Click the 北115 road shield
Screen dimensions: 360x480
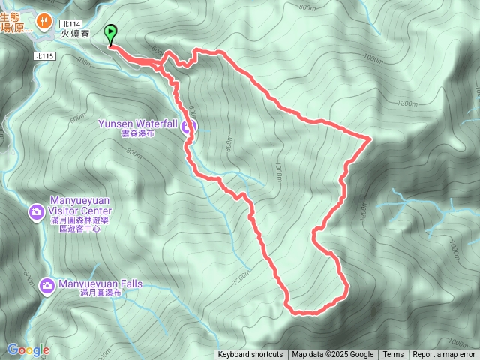[44, 56]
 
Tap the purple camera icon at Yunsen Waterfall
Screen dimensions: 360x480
[190, 126]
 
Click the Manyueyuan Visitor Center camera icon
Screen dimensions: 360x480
[36, 213]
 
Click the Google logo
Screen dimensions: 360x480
[28, 349]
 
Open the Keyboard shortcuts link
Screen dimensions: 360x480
[250, 355]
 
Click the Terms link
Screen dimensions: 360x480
[393, 355]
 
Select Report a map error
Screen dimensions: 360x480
[444, 355]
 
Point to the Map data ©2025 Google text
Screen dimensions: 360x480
[332, 355]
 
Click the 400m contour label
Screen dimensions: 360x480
[84, 62]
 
